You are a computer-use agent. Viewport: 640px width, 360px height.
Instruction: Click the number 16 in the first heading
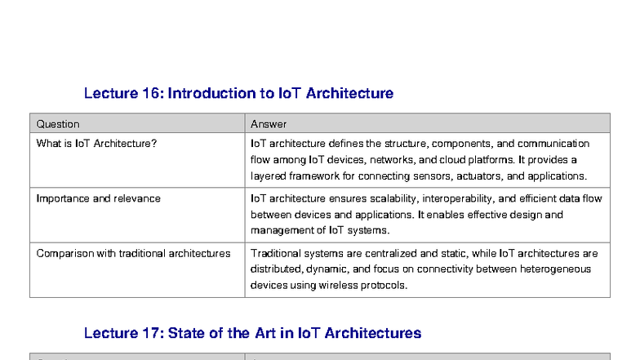coord(152,93)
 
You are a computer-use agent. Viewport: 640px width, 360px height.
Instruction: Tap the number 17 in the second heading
coord(152,333)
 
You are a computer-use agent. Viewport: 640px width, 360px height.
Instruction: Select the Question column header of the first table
coord(58,124)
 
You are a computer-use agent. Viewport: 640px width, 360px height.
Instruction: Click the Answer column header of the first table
coord(269,124)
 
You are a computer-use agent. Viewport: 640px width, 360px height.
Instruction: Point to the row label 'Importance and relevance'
coord(98,198)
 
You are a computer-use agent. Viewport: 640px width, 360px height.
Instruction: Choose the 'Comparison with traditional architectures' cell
coord(133,253)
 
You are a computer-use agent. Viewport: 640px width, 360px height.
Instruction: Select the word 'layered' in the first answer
coord(267,176)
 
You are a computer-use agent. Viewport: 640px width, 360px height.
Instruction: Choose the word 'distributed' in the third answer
coord(277,269)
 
